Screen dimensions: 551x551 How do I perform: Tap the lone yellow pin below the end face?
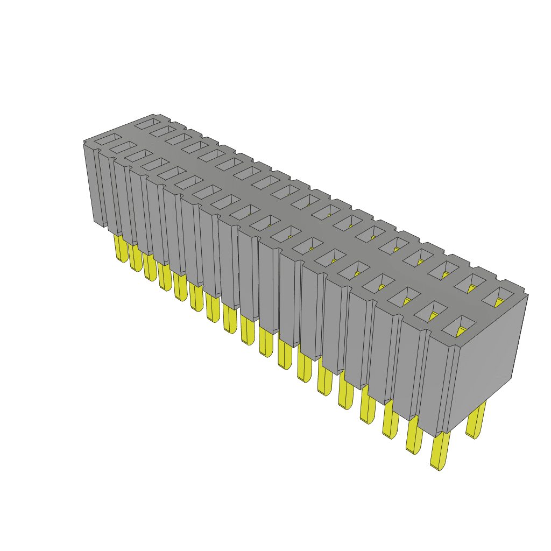[x=476, y=420]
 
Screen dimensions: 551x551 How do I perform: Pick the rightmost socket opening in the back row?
[x=499, y=296]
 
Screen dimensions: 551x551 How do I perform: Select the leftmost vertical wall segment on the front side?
[x=91, y=183]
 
